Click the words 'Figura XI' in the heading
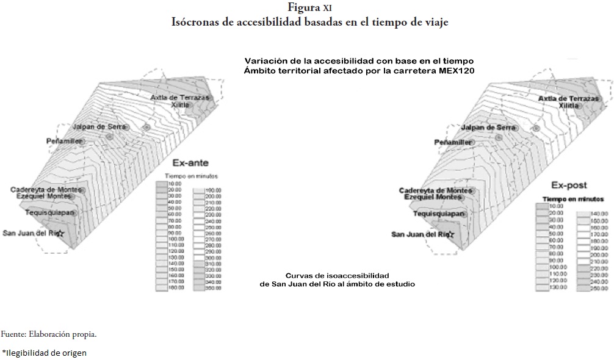click(x=306, y=8)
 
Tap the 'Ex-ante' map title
click(x=190, y=163)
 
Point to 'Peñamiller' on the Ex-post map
click(x=453, y=142)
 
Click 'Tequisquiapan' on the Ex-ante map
click(x=50, y=212)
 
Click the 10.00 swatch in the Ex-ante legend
click(x=162, y=182)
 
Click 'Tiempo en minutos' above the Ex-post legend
click(x=573, y=199)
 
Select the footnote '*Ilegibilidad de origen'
click(x=44, y=352)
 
